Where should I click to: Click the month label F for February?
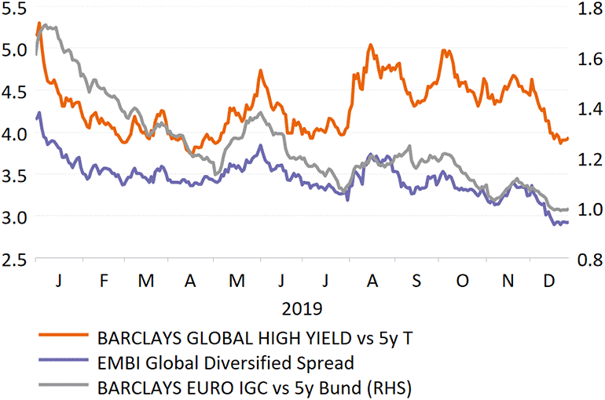(x=104, y=281)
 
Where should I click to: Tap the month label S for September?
(x=416, y=281)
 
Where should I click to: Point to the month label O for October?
(x=462, y=281)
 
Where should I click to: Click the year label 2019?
(x=303, y=308)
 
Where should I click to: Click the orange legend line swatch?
(x=65, y=340)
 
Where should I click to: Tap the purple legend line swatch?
(x=65, y=363)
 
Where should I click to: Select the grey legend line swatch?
(x=65, y=386)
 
